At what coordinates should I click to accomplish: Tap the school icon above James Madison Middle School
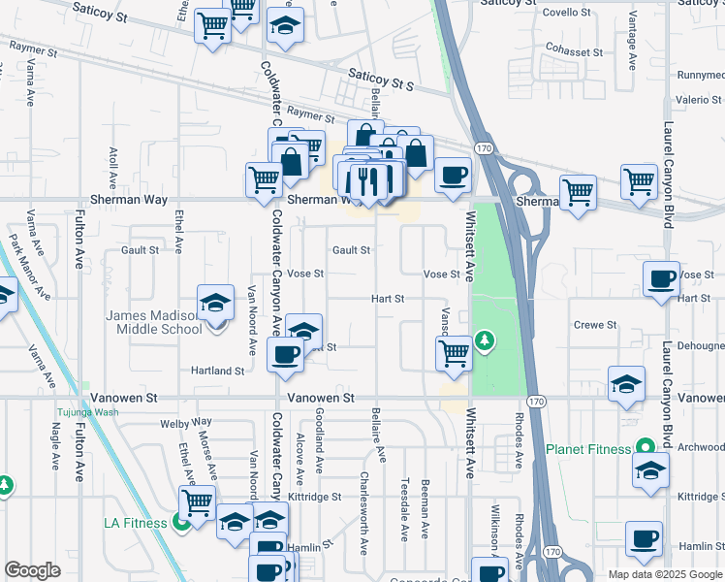(215, 302)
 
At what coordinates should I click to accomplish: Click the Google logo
(32, 570)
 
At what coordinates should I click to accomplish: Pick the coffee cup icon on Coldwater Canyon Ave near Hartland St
(285, 355)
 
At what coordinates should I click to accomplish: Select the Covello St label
(567, 13)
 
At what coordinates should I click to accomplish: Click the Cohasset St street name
(575, 51)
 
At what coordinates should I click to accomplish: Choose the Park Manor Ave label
(28, 265)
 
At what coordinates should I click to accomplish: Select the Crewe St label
(589, 325)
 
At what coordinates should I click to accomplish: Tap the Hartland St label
(217, 371)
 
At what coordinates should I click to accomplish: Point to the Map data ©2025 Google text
(665, 574)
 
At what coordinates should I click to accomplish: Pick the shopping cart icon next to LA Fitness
(197, 502)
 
